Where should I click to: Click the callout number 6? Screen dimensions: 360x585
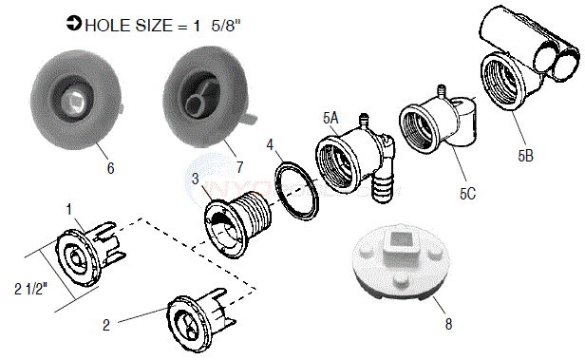tap(111, 167)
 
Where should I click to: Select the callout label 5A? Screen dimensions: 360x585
tap(330, 118)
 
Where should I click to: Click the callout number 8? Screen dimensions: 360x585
tap(448, 324)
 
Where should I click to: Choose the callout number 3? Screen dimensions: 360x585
tap(196, 180)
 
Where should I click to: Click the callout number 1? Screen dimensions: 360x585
tap(67, 208)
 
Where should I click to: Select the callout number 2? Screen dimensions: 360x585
tap(106, 324)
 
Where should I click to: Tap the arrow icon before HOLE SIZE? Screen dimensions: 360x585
tap(74, 24)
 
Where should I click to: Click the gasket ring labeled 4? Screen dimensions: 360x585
tap(296, 193)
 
